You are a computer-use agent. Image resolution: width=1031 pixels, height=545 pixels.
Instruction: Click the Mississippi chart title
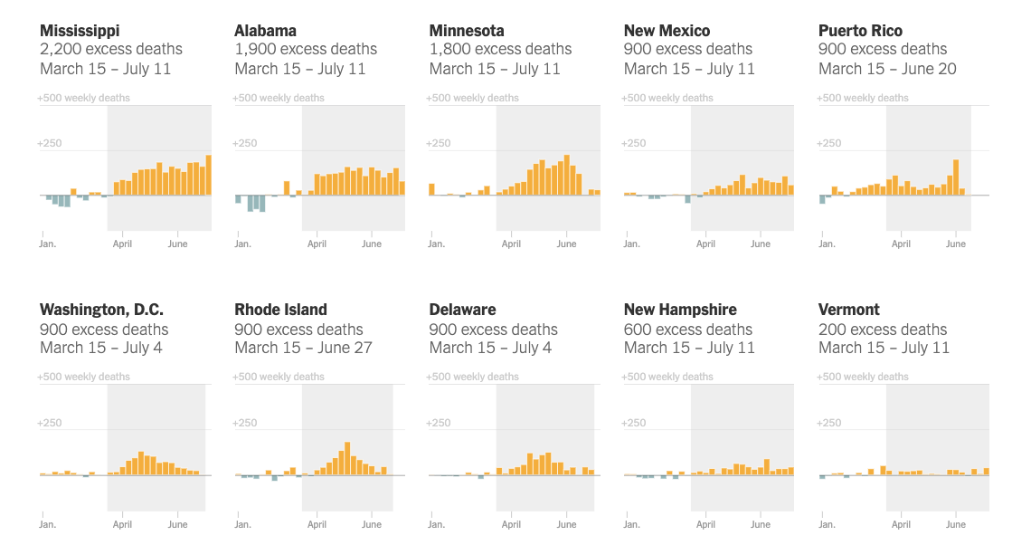pyautogui.click(x=80, y=31)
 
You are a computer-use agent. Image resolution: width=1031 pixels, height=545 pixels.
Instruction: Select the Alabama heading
pyautogui.click(x=265, y=31)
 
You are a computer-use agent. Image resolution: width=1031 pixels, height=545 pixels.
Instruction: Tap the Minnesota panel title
pyautogui.click(x=467, y=31)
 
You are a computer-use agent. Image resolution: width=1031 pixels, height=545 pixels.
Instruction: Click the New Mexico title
pyautogui.click(x=667, y=31)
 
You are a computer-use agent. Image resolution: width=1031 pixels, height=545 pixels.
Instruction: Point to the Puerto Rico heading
pyautogui.click(x=860, y=31)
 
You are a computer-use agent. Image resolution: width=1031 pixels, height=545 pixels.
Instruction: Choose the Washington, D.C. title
pyautogui.click(x=102, y=310)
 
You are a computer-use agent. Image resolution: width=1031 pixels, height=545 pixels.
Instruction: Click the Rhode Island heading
pyautogui.click(x=280, y=310)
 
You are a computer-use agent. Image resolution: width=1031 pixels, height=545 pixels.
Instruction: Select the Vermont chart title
pyautogui.click(x=849, y=310)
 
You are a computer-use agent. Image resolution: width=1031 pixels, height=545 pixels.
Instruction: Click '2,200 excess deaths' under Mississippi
pyautogui.click(x=111, y=50)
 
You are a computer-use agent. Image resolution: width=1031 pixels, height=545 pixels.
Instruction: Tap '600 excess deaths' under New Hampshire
pyautogui.click(x=687, y=330)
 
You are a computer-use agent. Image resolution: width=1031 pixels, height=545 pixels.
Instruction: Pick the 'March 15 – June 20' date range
pyautogui.click(x=887, y=69)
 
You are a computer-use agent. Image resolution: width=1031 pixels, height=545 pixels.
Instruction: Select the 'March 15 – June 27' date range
pyautogui.click(x=303, y=348)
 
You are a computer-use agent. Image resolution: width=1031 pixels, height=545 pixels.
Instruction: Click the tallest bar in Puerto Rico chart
pyautogui.click(x=956, y=177)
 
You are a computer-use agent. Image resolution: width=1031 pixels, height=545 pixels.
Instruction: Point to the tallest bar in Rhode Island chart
pyautogui.click(x=347, y=458)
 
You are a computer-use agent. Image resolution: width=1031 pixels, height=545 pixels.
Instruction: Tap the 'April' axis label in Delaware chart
pyautogui.click(x=511, y=524)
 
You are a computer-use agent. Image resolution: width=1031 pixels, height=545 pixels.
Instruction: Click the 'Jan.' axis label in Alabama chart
pyautogui.click(x=242, y=244)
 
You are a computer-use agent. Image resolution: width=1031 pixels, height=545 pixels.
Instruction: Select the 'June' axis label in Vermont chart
pyautogui.click(x=955, y=524)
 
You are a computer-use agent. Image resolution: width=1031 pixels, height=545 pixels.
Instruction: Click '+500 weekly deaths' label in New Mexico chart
pyautogui.click(x=667, y=98)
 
